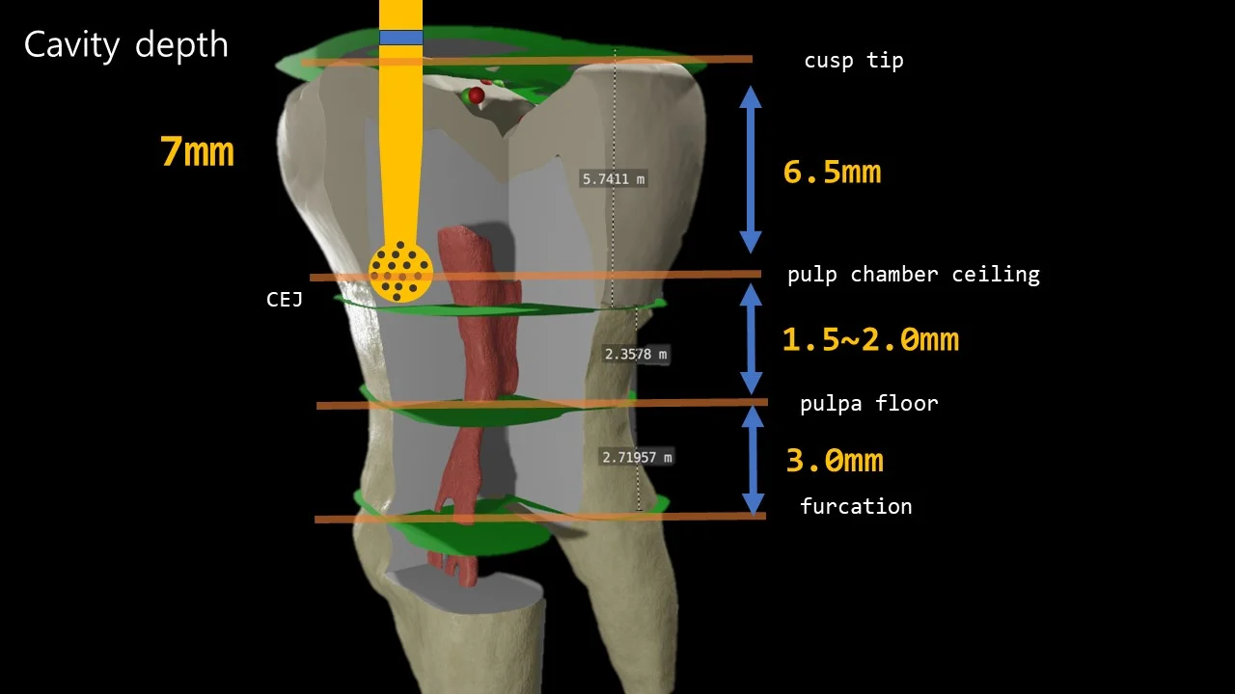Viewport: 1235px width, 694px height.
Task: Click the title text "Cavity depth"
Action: click(125, 45)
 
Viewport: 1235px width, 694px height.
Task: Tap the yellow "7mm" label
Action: click(197, 152)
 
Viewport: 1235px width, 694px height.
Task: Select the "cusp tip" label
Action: click(853, 61)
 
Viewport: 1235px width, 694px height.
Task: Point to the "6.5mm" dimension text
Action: click(832, 173)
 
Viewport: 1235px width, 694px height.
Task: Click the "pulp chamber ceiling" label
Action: click(913, 275)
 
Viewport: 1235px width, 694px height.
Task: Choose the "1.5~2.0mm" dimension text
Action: click(869, 339)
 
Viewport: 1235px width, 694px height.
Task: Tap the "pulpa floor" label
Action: click(868, 403)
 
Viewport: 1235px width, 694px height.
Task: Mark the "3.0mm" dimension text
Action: click(834, 461)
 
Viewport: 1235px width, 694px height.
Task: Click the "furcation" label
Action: click(855, 506)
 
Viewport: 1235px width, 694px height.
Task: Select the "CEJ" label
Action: click(285, 300)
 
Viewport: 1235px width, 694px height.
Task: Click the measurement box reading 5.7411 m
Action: click(614, 178)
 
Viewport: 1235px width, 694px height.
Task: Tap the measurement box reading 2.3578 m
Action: click(636, 354)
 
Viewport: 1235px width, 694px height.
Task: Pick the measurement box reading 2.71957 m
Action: click(637, 457)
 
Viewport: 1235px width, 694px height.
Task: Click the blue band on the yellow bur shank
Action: click(400, 38)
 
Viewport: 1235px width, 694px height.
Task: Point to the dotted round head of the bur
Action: click(400, 272)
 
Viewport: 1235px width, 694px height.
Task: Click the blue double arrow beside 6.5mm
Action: click(751, 169)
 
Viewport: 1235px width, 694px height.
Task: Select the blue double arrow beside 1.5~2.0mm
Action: click(751, 338)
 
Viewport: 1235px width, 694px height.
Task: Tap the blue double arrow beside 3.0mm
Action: click(753, 460)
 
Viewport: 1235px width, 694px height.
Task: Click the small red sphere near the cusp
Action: click(477, 94)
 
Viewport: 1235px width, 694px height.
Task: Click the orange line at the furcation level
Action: click(539, 518)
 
